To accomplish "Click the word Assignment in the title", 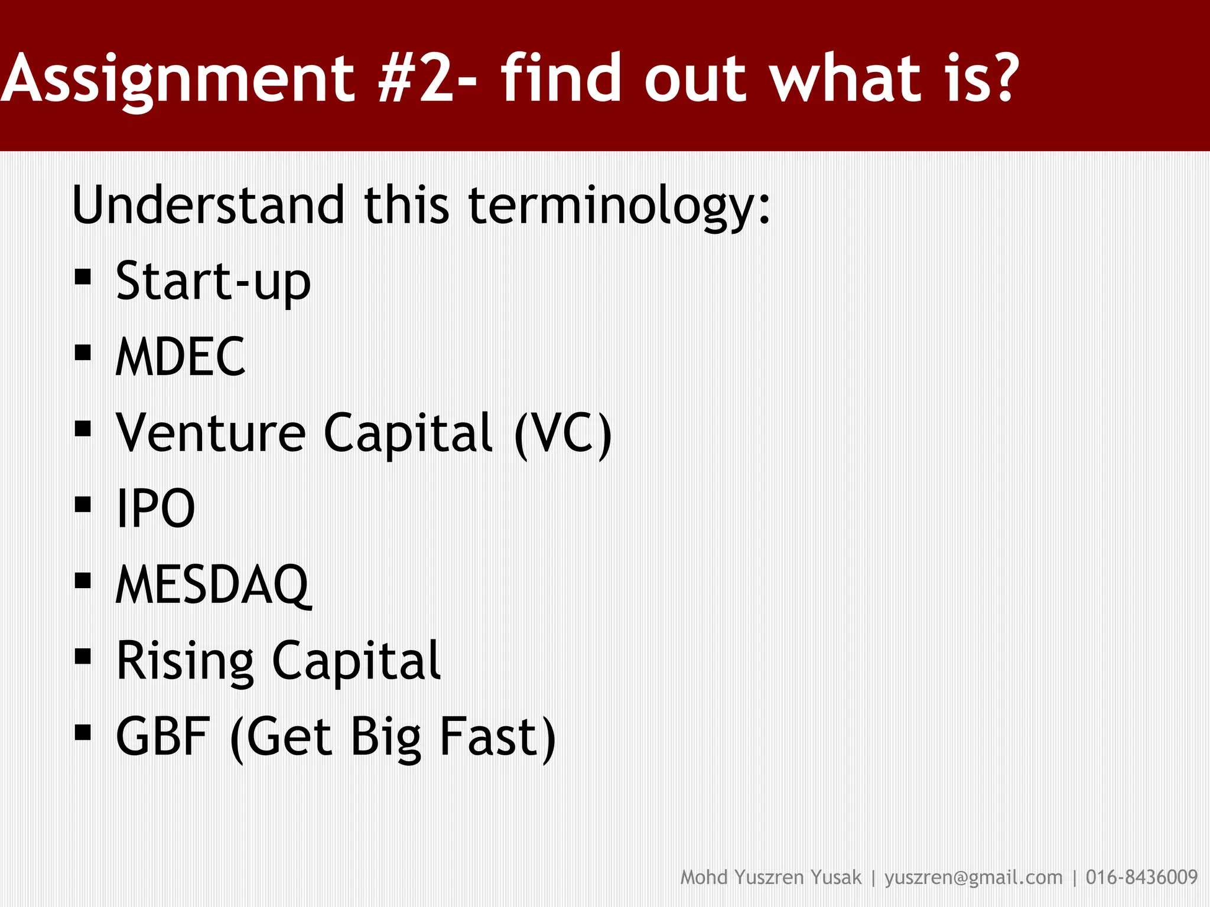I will click(x=177, y=80).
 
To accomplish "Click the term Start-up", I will click(x=213, y=282).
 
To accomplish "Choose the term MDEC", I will click(x=180, y=357).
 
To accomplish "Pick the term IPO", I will click(x=155, y=508).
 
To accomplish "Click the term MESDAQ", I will click(x=213, y=585).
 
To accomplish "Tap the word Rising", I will click(x=185, y=661).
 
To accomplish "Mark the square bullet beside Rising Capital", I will click(x=83, y=657).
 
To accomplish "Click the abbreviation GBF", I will click(x=163, y=736).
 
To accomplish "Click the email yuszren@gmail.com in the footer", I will click(x=973, y=877).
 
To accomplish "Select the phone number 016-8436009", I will click(x=1141, y=877).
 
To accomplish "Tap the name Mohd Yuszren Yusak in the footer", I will click(x=770, y=877).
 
